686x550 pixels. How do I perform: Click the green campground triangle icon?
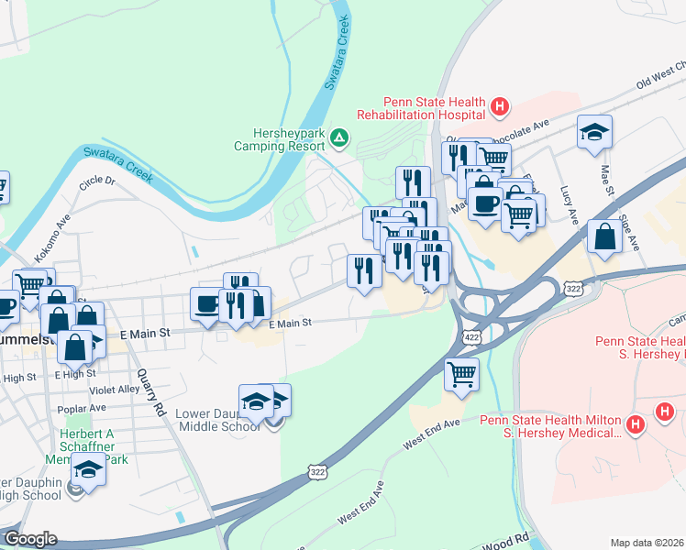tap(339, 138)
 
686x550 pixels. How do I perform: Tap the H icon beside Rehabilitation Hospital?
tap(500, 108)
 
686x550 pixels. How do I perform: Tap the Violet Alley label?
tap(115, 389)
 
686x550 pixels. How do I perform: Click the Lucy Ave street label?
tap(573, 214)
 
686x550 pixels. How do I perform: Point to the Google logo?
tap(29, 538)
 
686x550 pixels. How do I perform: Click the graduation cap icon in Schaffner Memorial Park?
tap(88, 468)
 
